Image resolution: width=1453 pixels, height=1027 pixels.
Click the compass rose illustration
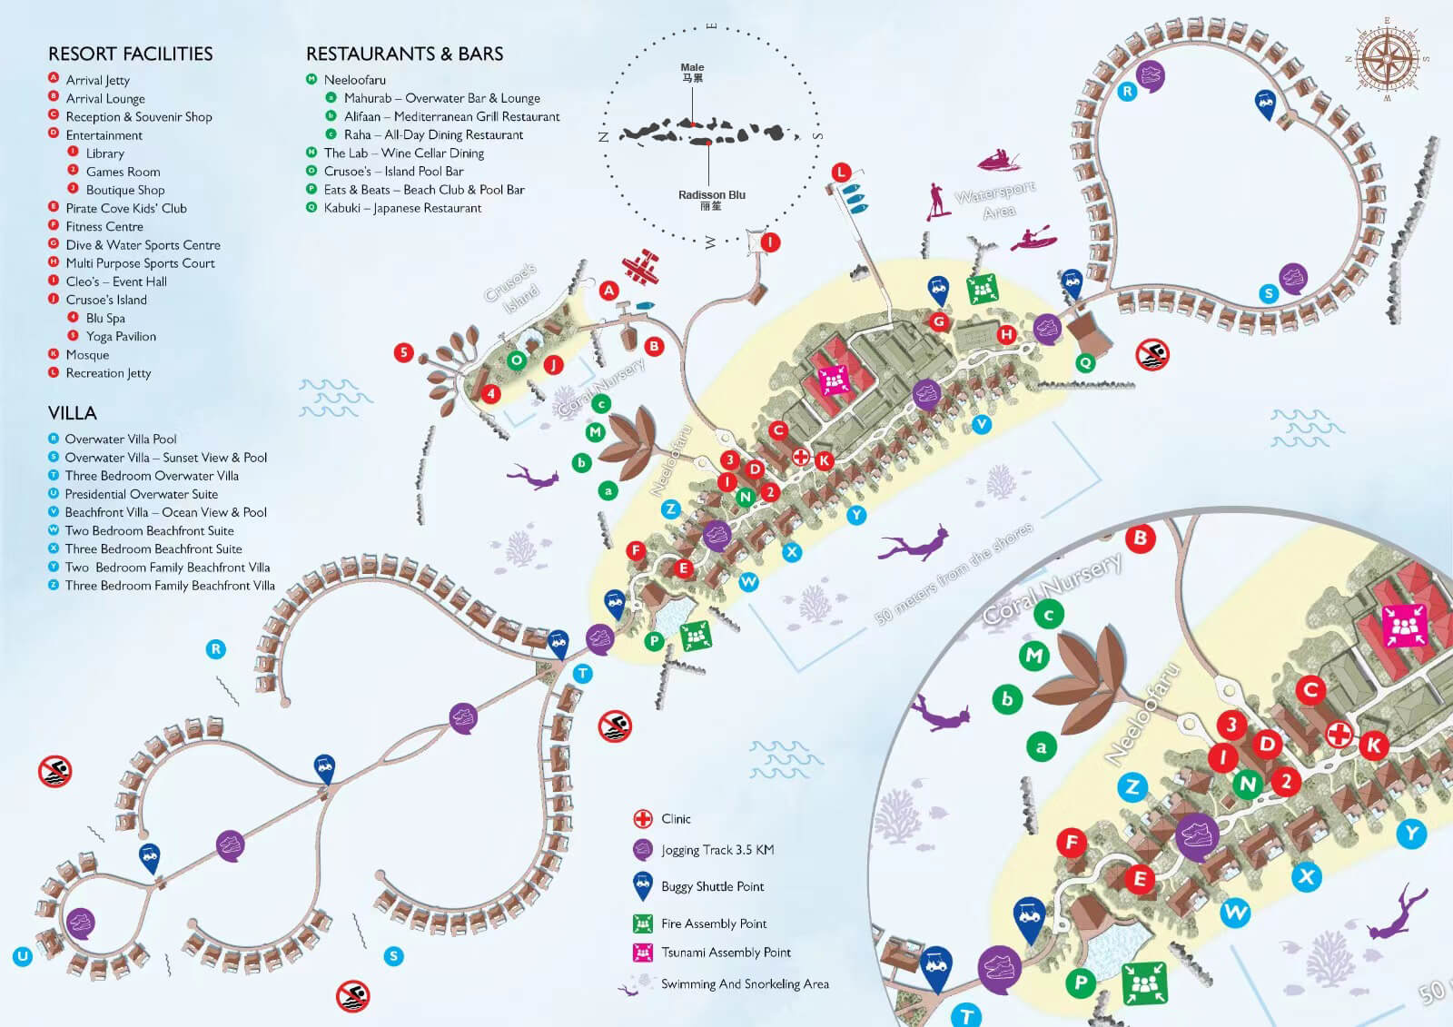(1387, 59)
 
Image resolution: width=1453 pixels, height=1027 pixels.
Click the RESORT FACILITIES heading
(130, 54)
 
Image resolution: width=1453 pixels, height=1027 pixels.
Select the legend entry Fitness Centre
(104, 226)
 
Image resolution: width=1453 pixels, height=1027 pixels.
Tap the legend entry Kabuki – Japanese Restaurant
(401, 208)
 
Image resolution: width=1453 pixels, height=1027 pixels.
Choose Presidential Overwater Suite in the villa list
(141, 494)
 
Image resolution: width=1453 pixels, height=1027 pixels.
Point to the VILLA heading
(72, 413)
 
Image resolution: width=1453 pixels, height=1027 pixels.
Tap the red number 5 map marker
(404, 352)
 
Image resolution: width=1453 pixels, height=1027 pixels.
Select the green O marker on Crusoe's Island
(517, 360)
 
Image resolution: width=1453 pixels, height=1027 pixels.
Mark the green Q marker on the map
(1085, 362)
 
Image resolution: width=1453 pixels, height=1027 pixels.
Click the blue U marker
(23, 955)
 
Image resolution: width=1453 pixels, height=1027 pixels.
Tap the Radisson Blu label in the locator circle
(711, 195)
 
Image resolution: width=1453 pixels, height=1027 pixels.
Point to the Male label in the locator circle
(692, 68)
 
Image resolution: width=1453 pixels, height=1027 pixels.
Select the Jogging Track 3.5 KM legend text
(717, 850)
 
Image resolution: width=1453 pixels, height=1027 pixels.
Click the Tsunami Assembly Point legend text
(726, 953)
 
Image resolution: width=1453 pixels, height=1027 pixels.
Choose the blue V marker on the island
(981, 424)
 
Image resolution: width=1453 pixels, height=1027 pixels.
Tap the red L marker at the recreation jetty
(842, 172)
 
